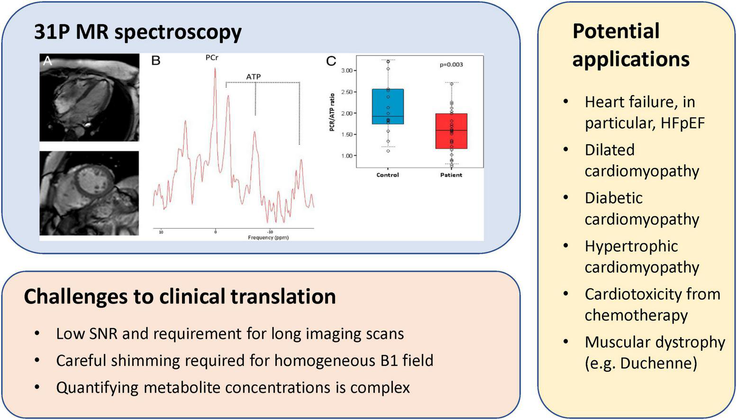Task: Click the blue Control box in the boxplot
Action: pos(388,106)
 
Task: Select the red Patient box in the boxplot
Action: pos(451,131)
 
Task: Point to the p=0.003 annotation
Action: pos(451,65)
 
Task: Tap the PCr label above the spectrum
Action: pos(212,58)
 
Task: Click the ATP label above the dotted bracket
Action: pos(253,76)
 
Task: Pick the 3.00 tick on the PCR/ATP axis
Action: pos(347,71)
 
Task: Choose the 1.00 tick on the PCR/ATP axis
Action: pos(347,156)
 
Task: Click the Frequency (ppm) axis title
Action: pos(268,237)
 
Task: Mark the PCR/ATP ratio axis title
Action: pos(332,112)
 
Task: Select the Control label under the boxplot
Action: pos(388,175)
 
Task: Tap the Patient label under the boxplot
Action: pos(451,175)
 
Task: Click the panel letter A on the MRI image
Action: pos(47,61)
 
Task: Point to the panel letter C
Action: pos(331,61)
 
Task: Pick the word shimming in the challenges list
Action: pos(151,361)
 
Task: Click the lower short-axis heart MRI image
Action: pos(89,193)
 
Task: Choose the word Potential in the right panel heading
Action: pos(616,31)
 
